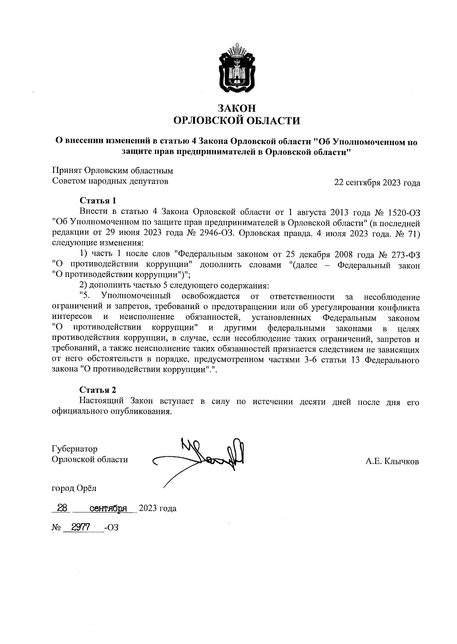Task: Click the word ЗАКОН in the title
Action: (x=236, y=108)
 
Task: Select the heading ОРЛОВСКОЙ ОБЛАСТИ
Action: (x=236, y=121)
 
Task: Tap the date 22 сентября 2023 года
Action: (x=377, y=183)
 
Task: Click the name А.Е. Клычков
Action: (x=392, y=462)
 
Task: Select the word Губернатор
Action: (x=74, y=449)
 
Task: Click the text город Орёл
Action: (x=74, y=488)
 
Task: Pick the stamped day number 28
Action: (x=62, y=508)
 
